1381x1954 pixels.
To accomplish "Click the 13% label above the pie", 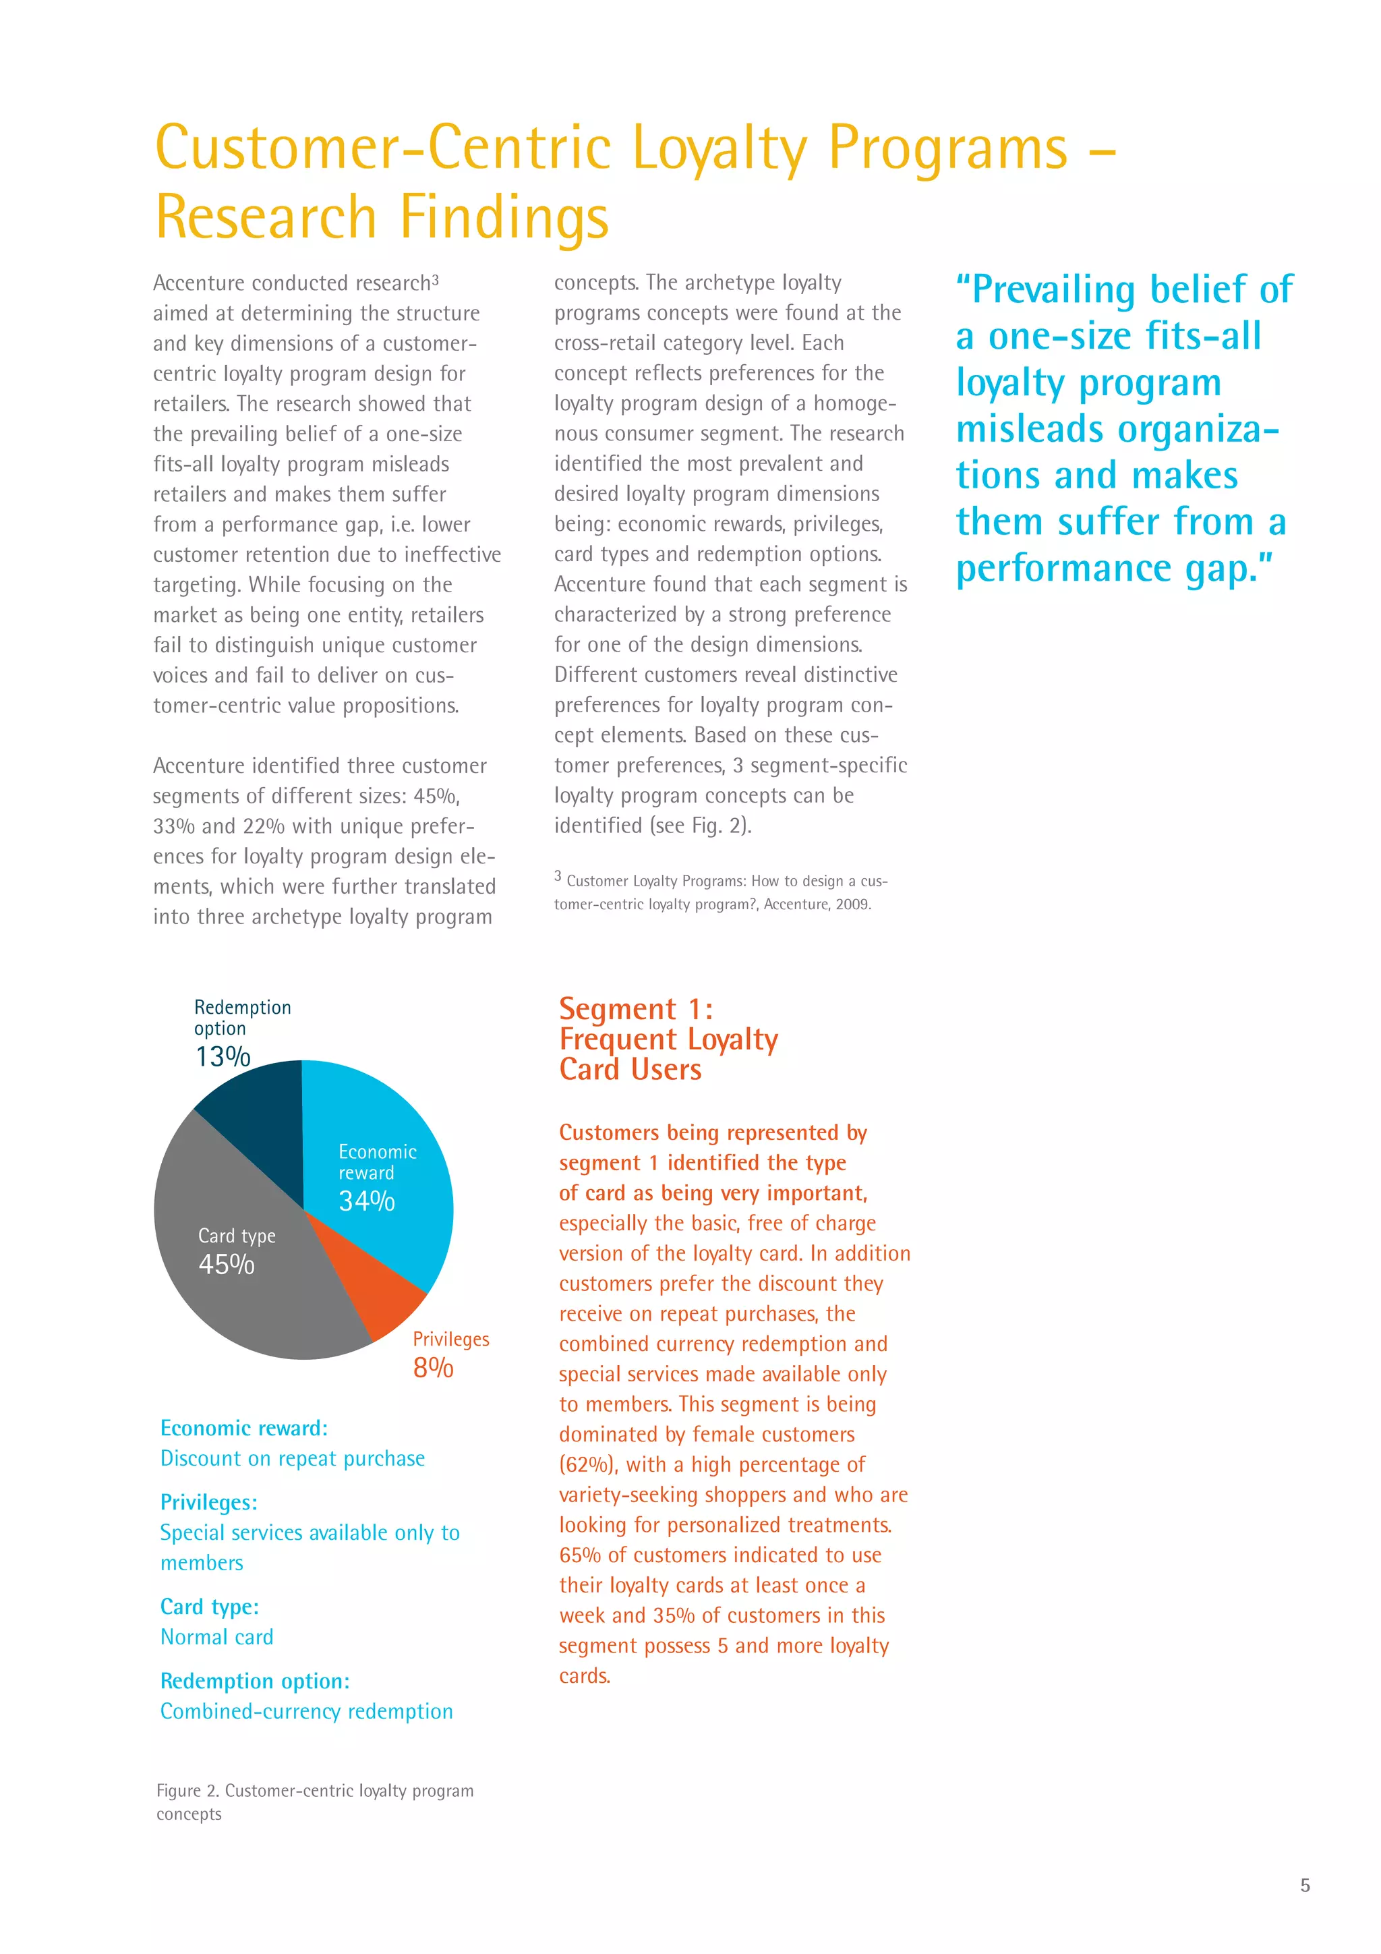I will tap(223, 1057).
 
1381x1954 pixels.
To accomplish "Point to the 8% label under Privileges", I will tap(433, 1368).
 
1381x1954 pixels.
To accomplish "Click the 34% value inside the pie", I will tap(367, 1201).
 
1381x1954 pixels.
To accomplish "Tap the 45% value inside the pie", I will tap(227, 1265).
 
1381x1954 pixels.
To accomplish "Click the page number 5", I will tap(1304, 1885).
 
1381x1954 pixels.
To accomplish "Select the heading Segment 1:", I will tap(636, 1009).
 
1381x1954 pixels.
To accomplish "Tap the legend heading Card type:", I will tap(209, 1607).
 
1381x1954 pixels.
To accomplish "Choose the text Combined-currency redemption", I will tap(306, 1711).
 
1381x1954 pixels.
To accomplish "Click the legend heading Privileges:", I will tap(208, 1502).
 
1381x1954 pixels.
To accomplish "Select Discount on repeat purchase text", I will tap(292, 1459).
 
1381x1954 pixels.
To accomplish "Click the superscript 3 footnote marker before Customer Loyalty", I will tap(558, 875).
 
